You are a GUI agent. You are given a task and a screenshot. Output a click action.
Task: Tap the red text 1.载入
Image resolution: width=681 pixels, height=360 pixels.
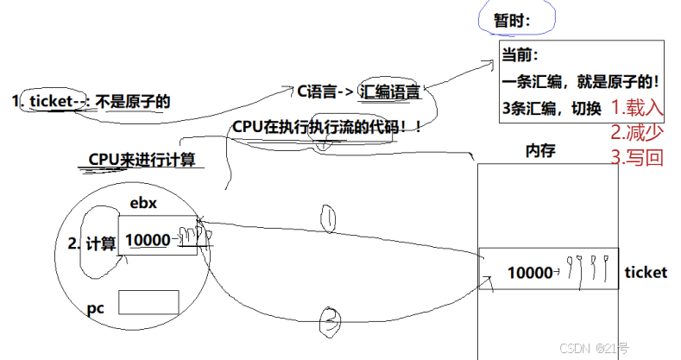(637, 109)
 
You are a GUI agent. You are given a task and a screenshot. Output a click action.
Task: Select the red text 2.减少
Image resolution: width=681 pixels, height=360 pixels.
(637, 133)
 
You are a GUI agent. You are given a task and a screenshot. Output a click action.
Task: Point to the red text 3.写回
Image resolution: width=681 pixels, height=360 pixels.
(637, 158)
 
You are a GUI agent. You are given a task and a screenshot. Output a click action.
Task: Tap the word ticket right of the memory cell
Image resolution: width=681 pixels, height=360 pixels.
(645, 273)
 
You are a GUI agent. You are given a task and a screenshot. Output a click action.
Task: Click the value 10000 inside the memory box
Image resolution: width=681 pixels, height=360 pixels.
(529, 273)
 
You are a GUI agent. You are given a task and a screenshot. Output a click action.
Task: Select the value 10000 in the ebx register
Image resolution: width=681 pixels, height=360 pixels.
(148, 242)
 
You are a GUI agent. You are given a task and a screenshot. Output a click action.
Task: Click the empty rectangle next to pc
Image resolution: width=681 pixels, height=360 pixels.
(148, 302)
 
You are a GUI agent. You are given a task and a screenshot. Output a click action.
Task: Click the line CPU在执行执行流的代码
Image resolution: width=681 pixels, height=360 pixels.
(326, 127)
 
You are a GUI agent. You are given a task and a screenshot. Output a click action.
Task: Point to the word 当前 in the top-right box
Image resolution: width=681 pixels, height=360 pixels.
(520, 57)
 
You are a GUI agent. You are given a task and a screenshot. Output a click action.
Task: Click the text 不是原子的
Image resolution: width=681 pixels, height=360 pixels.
(133, 101)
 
